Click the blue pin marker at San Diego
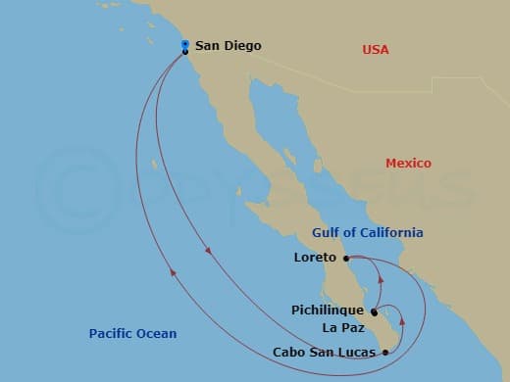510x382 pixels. click(x=185, y=44)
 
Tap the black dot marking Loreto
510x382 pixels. click(x=346, y=259)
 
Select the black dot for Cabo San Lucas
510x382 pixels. click(x=385, y=351)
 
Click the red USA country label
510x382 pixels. click(x=376, y=49)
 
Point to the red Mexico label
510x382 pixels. click(x=408, y=164)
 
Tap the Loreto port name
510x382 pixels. click(x=315, y=259)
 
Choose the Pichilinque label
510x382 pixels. click(x=328, y=310)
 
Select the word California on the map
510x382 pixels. click(x=392, y=233)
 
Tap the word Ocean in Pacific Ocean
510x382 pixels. click(x=157, y=334)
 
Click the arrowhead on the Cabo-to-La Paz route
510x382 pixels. click(x=402, y=320)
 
